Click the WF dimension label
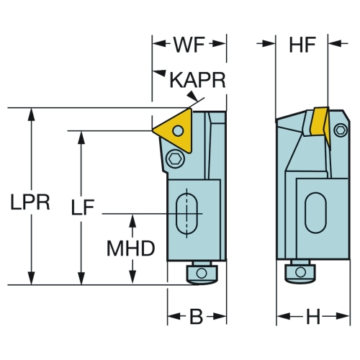click(x=189, y=45)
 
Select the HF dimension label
click(x=302, y=45)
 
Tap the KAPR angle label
click(x=197, y=80)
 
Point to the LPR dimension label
click(x=30, y=202)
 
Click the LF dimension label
click(x=83, y=207)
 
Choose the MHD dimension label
click(x=131, y=248)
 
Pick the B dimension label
click(x=197, y=316)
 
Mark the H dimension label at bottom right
click(x=313, y=316)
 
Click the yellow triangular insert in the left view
click(x=175, y=130)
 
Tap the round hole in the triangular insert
click(x=178, y=130)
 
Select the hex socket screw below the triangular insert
click(x=175, y=158)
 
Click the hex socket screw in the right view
click(x=341, y=130)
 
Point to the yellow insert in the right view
click(x=320, y=126)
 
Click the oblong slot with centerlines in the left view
click(x=187, y=213)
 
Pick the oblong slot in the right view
click(x=315, y=213)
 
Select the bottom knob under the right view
click(x=300, y=271)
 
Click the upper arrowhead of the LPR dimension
click(x=32, y=114)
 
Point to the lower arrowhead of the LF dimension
click(x=81, y=279)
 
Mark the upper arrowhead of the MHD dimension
click(x=132, y=220)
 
